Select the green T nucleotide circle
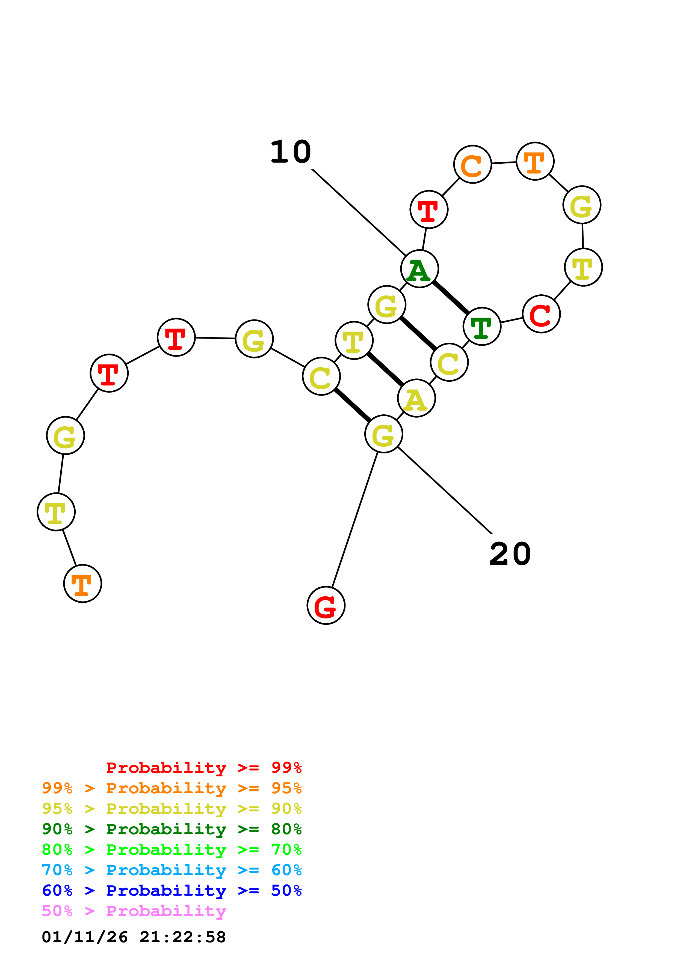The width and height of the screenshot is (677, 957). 482,326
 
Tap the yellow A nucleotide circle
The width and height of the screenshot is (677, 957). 416,398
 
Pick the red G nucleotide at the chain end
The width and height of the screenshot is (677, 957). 326,605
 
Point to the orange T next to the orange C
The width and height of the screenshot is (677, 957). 535,161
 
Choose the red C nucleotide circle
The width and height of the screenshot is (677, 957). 541,314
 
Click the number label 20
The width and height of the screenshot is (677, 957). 510,554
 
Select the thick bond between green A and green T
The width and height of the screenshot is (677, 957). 451,298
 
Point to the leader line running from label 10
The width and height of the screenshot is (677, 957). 359,212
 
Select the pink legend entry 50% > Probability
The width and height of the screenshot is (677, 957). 134,911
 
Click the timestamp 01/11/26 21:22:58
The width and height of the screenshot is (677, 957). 134,937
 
